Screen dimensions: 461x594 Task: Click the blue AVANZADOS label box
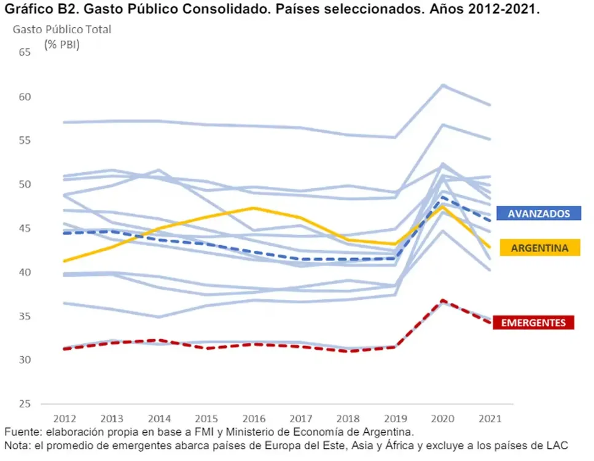point(538,213)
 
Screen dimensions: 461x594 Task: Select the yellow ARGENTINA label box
point(538,247)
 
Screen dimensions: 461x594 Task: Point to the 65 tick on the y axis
point(25,52)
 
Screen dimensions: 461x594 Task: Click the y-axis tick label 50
point(25,184)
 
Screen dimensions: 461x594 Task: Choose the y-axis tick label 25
point(25,404)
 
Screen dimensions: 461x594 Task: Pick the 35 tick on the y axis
point(25,317)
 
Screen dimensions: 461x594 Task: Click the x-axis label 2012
point(64,419)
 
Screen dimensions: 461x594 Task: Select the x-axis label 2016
point(253,419)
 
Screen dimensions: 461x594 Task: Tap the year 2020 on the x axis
point(442,419)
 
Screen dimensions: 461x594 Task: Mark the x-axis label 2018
point(348,419)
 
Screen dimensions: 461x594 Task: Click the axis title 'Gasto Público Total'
point(62,29)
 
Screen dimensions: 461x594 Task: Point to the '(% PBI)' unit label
point(62,44)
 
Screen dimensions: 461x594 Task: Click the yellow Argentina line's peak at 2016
point(253,208)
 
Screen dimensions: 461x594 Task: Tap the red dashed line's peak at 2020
point(442,301)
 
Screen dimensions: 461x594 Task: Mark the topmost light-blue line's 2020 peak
point(442,85)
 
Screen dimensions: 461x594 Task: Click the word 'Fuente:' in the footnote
point(21,431)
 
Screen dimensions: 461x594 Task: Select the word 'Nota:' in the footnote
point(17,445)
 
